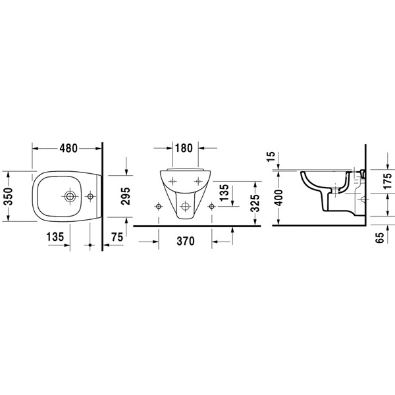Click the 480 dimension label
67,148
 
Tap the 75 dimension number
117,238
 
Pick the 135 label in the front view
224,193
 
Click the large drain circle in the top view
69,196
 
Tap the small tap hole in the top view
90,196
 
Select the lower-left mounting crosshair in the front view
158,206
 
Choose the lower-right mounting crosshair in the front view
211,206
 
